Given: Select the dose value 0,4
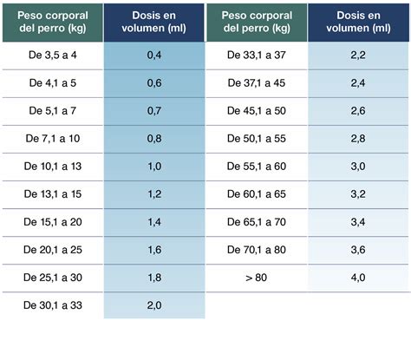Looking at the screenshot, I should tap(153, 56).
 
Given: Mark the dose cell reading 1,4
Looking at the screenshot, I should tap(153, 223).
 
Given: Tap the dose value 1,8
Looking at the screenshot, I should tap(153, 278).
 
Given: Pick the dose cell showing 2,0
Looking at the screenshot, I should tap(153, 306).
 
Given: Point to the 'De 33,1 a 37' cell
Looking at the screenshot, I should tap(256, 56).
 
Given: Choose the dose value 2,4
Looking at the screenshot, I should tap(357, 84).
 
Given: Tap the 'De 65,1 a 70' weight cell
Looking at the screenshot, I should tap(256, 223).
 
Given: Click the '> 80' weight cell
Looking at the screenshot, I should tap(256, 278).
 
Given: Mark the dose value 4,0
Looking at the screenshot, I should tap(357, 278).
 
